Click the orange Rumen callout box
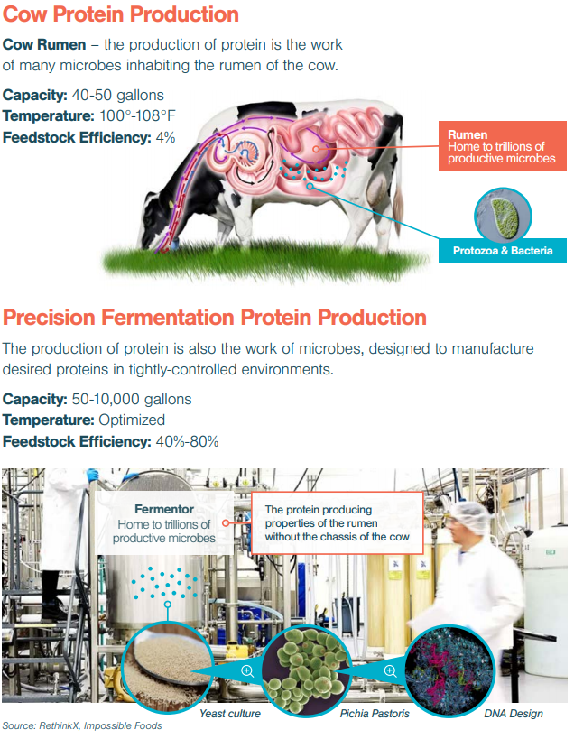tap(503, 146)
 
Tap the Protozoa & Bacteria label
tap(503, 251)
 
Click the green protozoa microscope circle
tap(503, 216)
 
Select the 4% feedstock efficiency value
tap(165, 138)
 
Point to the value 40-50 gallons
tap(118, 96)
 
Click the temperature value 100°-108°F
tap(137, 115)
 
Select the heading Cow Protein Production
tap(121, 14)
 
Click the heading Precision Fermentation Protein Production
tap(215, 318)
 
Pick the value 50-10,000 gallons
tap(132, 399)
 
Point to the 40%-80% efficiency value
tap(187, 441)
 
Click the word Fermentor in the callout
tap(164, 509)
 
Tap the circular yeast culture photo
tap(164, 664)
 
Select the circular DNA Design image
tap(450, 670)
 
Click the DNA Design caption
tap(514, 714)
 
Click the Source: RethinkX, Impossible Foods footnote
tap(82, 725)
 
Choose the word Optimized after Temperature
tap(132, 420)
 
